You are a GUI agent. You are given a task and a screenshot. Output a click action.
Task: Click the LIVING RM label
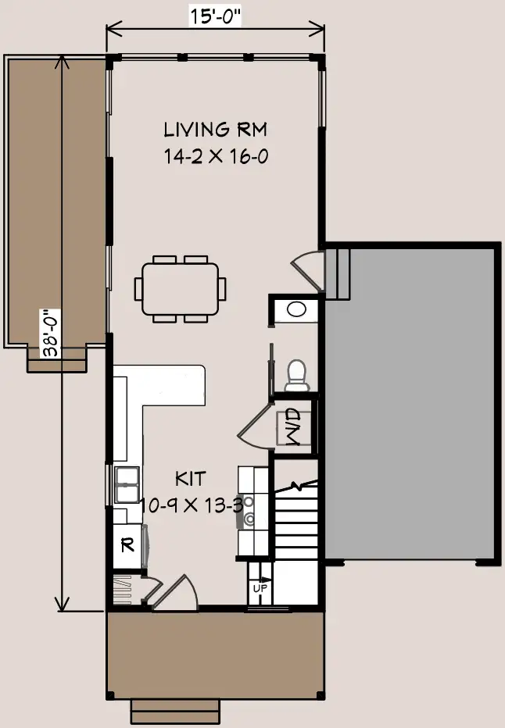pos(216,130)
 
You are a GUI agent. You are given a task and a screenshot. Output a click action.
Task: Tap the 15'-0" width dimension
pos(216,16)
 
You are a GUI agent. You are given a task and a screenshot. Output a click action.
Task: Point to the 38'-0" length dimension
pos(52,333)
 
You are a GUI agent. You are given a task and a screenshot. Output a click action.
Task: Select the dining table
pos(181,289)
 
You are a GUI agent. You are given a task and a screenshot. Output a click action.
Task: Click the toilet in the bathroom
pos(297,376)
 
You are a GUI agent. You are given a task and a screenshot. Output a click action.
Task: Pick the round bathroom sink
pos(296,309)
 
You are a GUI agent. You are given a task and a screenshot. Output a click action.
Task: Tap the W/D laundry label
pos(292,427)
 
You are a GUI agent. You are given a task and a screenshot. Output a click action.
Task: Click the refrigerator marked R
pos(127,545)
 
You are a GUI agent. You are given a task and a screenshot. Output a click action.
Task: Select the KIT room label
pos(191,479)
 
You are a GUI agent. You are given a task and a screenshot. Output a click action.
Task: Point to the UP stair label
pos(260,588)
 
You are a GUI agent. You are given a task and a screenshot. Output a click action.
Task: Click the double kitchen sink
pos(127,485)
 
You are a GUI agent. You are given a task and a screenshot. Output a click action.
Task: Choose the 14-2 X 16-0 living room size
pos(216,156)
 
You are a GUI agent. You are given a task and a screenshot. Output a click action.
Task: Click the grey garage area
pos(409,404)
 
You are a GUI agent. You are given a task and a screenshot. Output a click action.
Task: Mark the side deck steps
pos(57,360)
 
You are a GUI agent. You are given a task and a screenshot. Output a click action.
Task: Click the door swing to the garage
pos(307,270)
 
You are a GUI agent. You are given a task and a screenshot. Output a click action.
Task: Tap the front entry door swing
pos(175,591)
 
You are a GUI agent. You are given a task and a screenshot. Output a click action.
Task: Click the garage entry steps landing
pos(337,274)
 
